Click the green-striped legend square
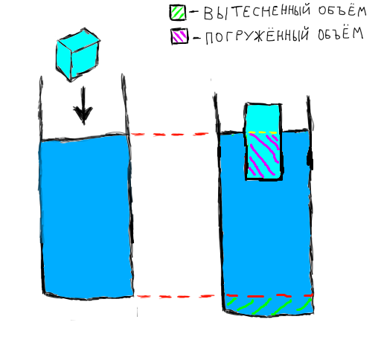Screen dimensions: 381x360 pos(178,12)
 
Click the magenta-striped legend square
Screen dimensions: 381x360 pos(179,36)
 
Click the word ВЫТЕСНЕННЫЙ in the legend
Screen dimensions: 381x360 pos(257,13)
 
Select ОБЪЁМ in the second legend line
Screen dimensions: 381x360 pos(341,33)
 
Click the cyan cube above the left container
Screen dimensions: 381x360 pos(78,55)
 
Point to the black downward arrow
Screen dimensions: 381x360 pos(83,106)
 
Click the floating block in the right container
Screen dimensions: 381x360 pos(263,142)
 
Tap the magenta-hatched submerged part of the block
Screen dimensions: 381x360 pos(264,155)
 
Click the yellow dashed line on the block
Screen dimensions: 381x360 pos(263,132)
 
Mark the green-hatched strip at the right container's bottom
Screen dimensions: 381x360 pos(269,305)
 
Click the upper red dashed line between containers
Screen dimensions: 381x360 pos(170,135)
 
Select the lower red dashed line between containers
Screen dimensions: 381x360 pos(176,296)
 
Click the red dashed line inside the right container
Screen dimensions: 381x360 pos(269,295)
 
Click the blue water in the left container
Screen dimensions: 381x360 pos(86,216)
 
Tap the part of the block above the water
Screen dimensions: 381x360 pos(263,118)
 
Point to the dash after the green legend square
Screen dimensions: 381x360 pos(194,11)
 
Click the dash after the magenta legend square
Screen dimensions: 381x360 pos(196,38)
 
